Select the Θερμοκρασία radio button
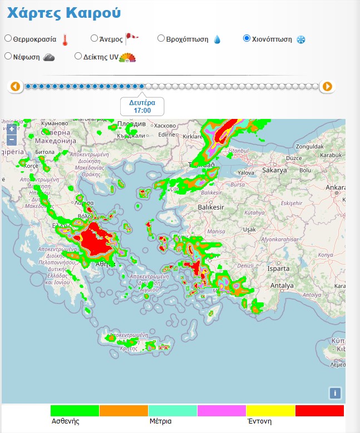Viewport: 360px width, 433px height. coord(8,39)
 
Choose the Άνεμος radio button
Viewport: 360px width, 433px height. coord(94,39)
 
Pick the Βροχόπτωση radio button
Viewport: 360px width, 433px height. coord(161,39)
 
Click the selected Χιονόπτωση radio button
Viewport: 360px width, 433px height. coord(246,39)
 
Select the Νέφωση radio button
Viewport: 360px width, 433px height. coord(8,56)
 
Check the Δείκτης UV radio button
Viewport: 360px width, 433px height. coord(78,56)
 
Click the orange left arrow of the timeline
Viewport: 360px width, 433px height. coord(15,87)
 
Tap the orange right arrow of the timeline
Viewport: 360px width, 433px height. coord(327,87)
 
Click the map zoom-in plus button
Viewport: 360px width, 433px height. coord(12,130)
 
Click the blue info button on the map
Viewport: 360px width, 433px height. coord(334,393)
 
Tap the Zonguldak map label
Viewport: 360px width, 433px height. coord(310,146)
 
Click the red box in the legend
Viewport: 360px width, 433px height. coord(319,411)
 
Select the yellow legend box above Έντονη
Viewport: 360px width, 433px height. coord(270,411)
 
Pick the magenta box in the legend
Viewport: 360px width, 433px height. coord(221,411)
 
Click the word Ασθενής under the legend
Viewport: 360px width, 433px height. coord(65,421)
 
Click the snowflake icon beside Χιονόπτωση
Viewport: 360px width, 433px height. coord(300,39)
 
